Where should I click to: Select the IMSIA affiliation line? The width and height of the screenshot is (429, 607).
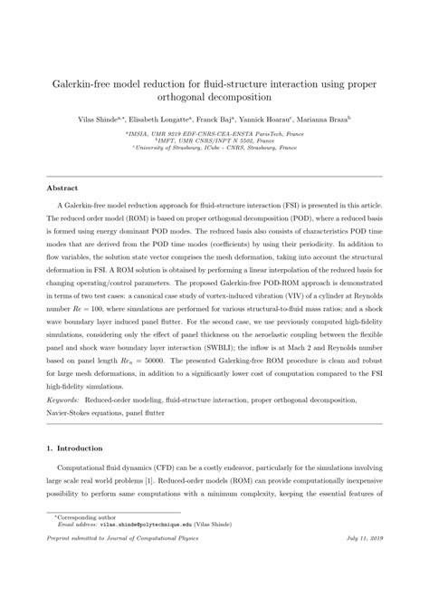point(214,133)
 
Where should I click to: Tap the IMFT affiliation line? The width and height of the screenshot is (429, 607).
point(214,141)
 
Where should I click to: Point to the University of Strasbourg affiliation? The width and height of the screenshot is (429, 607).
point(214,149)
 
